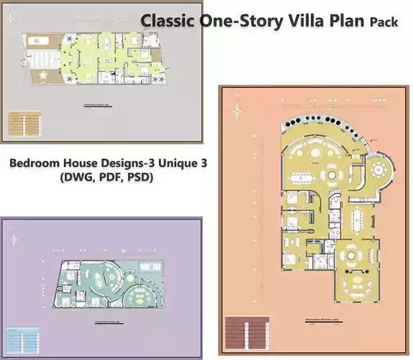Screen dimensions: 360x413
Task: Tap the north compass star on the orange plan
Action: [238, 111]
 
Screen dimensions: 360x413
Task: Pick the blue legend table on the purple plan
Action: [22, 338]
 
